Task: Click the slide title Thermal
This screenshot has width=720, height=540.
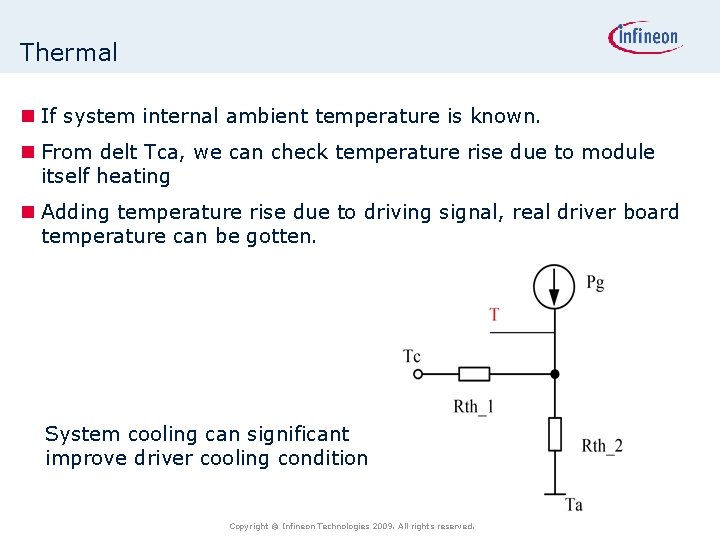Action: pyautogui.click(x=68, y=53)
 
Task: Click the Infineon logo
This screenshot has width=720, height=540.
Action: pyautogui.click(x=645, y=38)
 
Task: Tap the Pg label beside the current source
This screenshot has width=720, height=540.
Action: pyautogui.click(x=595, y=283)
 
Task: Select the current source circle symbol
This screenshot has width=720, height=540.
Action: pyautogui.click(x=555, y=287)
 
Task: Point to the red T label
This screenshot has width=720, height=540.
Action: pyautogui.click(x=494, y=315)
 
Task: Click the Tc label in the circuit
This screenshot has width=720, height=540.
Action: pyautogui.click(x=412, y=356)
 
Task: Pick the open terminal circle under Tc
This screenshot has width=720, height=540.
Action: pyautogui.click(x=418, y=374)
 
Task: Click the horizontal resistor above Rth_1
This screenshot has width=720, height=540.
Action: pyautogui.click(x=474, y=374)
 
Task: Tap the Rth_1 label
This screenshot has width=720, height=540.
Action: pyautogui.click(x=473, y=406)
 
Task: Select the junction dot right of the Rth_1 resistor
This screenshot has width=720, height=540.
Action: pyautogui.click(x=555, y=374)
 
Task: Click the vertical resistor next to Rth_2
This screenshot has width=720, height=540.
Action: pyautogui.click(x=555, y=434)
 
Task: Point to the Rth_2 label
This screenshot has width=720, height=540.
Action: pyautogui.click(x=602, y=446)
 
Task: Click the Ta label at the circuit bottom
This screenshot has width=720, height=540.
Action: pyautogui.click(x=574, y=505)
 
